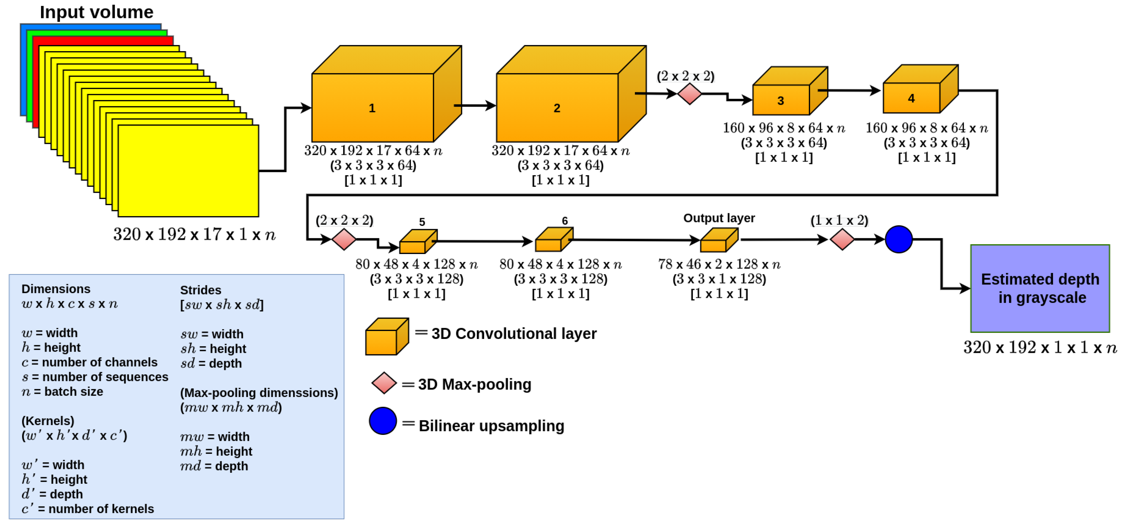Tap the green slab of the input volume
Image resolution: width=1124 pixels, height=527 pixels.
30,74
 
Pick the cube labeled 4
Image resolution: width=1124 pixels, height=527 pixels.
911,98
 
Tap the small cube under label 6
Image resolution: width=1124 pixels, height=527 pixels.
549,244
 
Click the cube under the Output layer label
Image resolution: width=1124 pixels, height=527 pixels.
714,245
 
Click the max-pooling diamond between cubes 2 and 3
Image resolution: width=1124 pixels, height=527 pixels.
690,94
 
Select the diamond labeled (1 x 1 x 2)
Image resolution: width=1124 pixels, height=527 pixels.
842,239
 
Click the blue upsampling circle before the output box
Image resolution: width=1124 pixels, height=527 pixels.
899,239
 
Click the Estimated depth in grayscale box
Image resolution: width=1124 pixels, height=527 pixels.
1040,288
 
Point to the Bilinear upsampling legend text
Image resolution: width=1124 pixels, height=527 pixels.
491,426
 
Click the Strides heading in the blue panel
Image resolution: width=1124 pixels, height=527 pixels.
200,290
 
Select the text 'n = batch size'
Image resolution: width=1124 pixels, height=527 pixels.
62,392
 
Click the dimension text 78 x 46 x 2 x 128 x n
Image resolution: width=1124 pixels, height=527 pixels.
719,264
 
